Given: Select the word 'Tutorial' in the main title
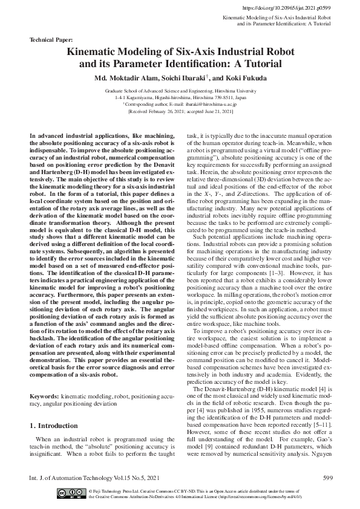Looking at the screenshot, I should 260,63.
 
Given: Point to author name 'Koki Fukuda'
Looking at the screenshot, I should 244,78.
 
